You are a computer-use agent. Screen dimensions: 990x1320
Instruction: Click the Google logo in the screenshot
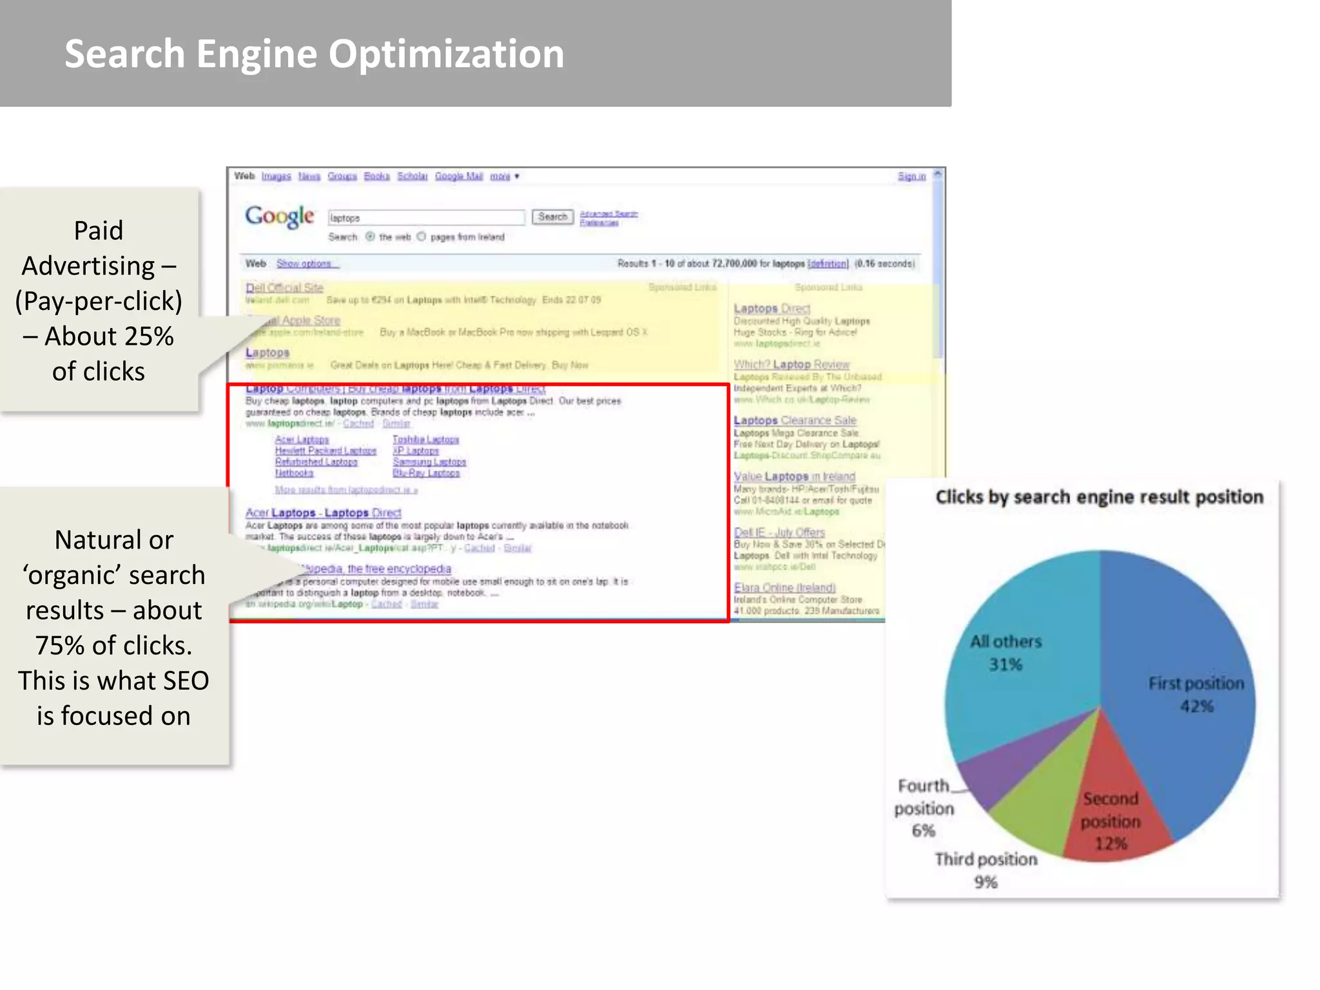point(279,217)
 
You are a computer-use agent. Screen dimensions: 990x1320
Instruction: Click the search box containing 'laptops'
point(426,218)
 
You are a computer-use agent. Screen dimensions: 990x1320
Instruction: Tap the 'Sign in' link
point(911,177)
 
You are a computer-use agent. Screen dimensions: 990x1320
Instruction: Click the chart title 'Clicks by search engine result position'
point(1099,497)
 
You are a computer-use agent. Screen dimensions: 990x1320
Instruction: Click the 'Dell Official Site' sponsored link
point(284,287)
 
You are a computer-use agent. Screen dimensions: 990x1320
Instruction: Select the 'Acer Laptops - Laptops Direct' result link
point(323,513)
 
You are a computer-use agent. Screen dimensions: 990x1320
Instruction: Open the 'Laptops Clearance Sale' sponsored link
point(795,420)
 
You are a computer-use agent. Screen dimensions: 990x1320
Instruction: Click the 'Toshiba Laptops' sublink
point(425,440)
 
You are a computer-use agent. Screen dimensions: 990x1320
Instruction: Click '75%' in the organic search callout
point(59,646)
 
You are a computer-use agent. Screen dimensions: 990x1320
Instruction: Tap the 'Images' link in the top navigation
point(276,177)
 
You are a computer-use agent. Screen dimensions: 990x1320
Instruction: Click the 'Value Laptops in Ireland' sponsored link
point(794,476)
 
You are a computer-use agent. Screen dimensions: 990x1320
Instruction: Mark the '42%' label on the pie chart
point(1197,706)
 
